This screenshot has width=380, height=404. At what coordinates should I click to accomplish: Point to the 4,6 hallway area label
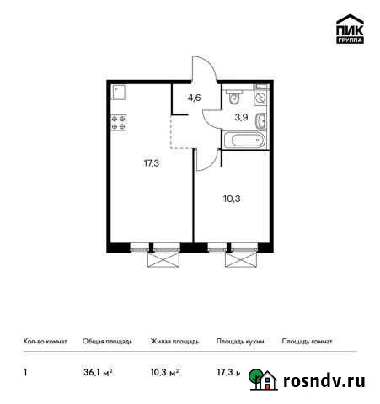(195, 98)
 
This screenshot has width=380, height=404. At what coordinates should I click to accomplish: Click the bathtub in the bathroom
(242, 141)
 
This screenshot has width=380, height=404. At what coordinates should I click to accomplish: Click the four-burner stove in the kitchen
(119, 123)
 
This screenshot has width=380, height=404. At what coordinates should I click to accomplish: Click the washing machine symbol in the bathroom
(261, 97)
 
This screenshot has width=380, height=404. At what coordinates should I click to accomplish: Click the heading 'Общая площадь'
(108, 342)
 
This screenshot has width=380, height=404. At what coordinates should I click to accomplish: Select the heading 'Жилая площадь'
(174, 342)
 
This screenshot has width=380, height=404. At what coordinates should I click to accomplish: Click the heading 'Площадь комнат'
(307, 342)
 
